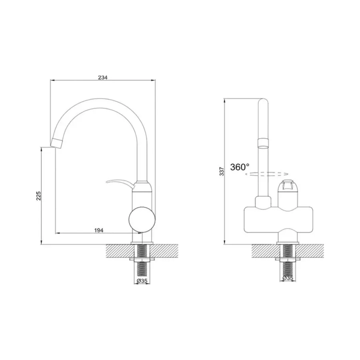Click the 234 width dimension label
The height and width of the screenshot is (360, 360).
point(103,78)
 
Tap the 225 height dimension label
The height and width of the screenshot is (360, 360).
point(38,196)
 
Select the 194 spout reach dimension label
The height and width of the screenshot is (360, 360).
point(99,230)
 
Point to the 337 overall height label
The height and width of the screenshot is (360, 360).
point(222,172)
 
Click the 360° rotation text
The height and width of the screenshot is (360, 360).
point(240,167)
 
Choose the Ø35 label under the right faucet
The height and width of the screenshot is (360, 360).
point(288,278)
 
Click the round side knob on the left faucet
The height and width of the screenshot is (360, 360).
point(142,220)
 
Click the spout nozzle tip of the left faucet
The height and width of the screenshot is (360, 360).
point(57,143)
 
